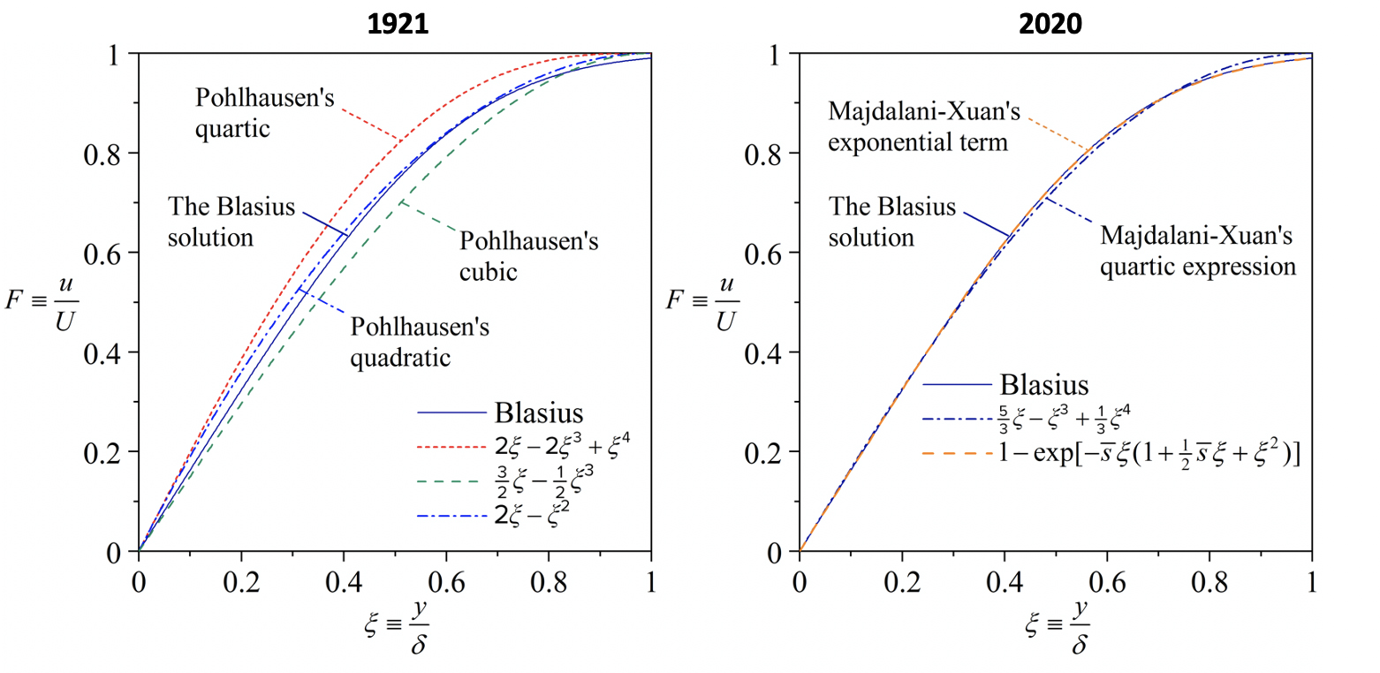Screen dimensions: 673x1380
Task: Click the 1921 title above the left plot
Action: [x=398, y=24]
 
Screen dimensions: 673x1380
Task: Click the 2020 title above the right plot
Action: [x=1051, y=24]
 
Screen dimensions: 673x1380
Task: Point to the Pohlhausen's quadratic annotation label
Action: [x=420, y=343]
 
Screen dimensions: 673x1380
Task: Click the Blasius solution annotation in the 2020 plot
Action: [x=892, y=222]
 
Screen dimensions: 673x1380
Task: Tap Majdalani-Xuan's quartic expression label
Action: [x=1197, y=251]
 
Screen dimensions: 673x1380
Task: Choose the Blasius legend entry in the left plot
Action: [x=539, y=412]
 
